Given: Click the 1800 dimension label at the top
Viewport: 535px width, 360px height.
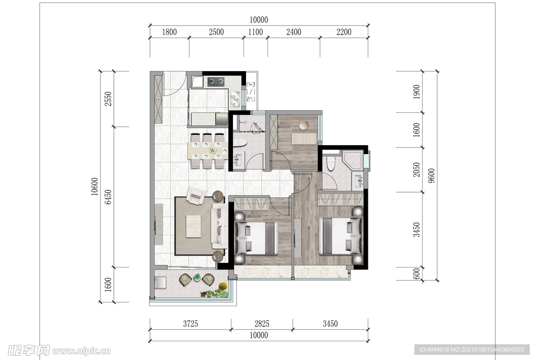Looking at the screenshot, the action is click(x=169, y=32).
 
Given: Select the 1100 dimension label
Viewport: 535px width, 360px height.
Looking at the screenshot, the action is click(x=255, y=32).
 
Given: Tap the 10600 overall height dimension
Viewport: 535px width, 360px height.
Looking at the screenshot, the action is click(x=95, y=187).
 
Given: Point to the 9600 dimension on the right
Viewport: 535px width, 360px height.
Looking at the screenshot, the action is click(x=432, y=176).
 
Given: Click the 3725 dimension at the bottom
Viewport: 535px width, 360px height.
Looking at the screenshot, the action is click(x=190, y=323).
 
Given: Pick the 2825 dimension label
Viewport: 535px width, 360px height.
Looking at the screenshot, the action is click(x=262, y=323).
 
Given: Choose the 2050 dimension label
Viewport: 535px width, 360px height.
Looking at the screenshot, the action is click(x=416, y=170).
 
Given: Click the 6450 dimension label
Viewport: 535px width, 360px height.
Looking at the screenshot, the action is click(x=108, y=197).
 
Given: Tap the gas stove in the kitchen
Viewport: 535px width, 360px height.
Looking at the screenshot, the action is click(x=216, y=81).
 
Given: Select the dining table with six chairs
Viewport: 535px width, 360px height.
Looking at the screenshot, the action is click(x=208, y=150).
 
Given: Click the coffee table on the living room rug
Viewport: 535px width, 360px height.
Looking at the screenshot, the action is click(x=193, y=226).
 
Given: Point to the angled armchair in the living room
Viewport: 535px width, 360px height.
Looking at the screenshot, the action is click(x=195, y=195).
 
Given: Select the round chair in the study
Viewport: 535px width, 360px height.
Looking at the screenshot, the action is click(x=303, y=125).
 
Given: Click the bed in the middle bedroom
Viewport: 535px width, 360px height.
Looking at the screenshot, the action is click(x=256, y=238).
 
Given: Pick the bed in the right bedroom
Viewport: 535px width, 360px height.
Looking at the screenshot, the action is click(x=341, y=236).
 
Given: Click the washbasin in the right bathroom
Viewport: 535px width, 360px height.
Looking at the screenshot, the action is click(x=357, y=181).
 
